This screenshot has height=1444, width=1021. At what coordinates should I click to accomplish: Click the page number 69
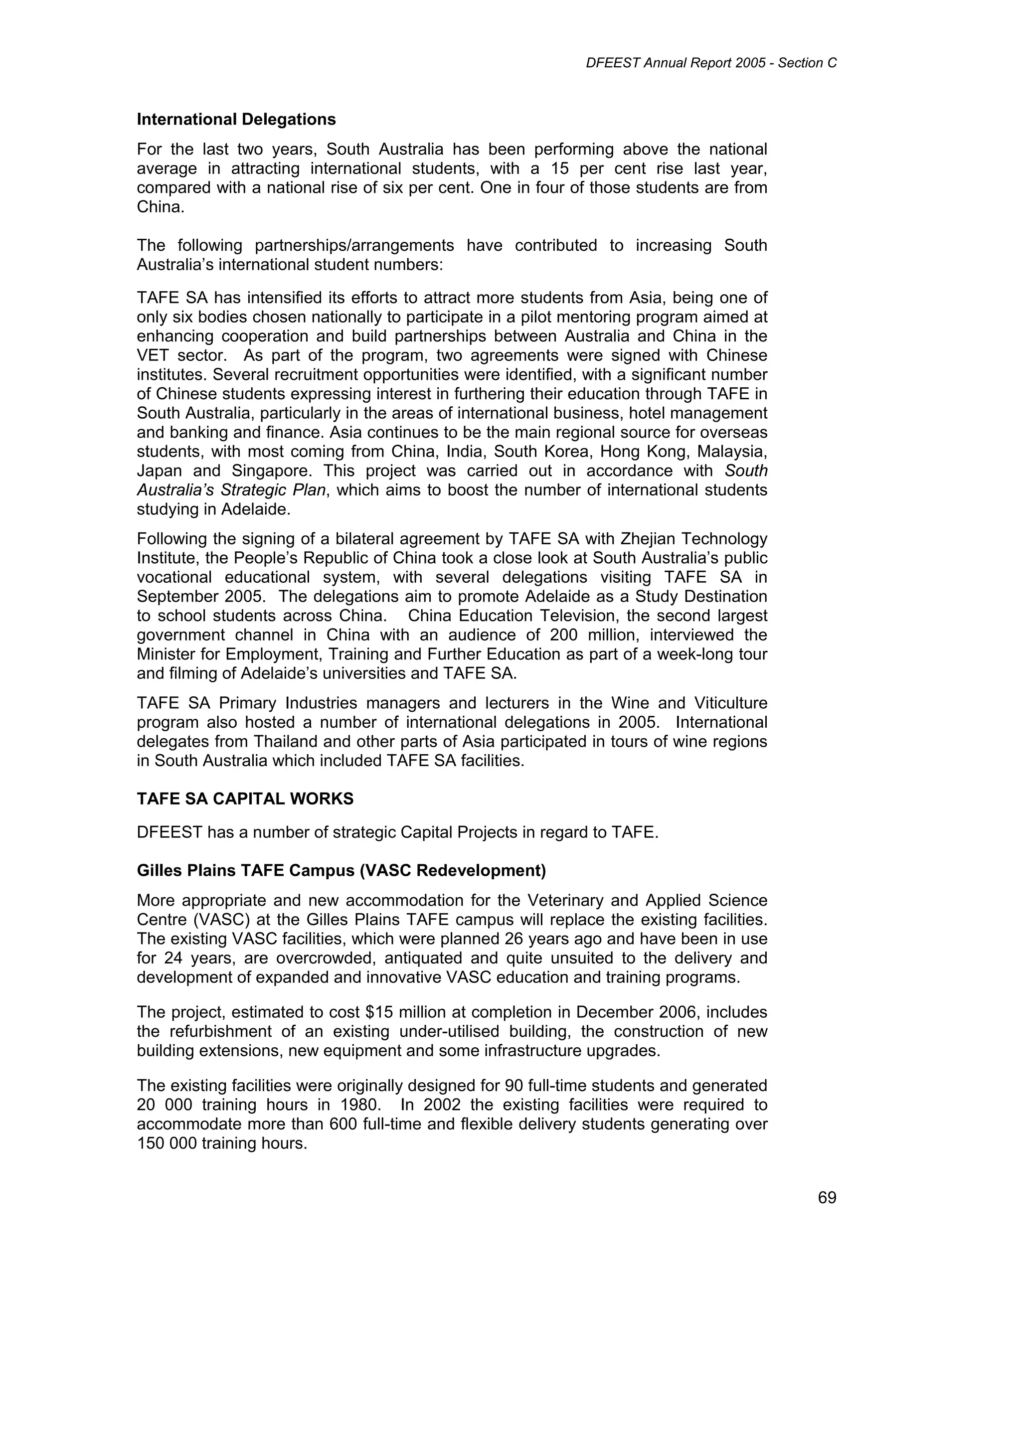coord(827,1198)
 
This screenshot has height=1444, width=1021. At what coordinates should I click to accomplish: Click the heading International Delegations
coord(236,120)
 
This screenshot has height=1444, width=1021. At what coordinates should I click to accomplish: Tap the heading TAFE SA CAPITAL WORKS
coord(245,799)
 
